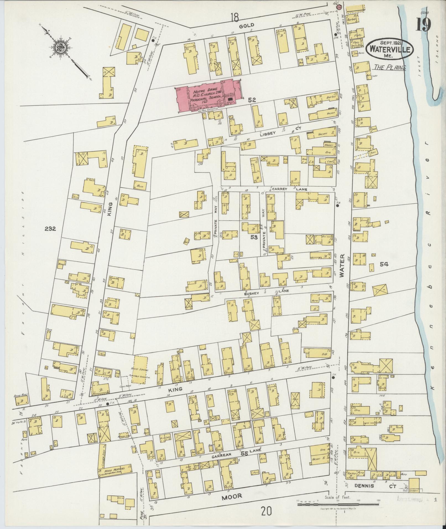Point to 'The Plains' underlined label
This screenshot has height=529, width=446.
pos(389,67)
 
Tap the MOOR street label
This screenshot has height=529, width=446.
pos(232,496)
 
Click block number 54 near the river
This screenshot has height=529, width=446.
pos(384,264)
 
